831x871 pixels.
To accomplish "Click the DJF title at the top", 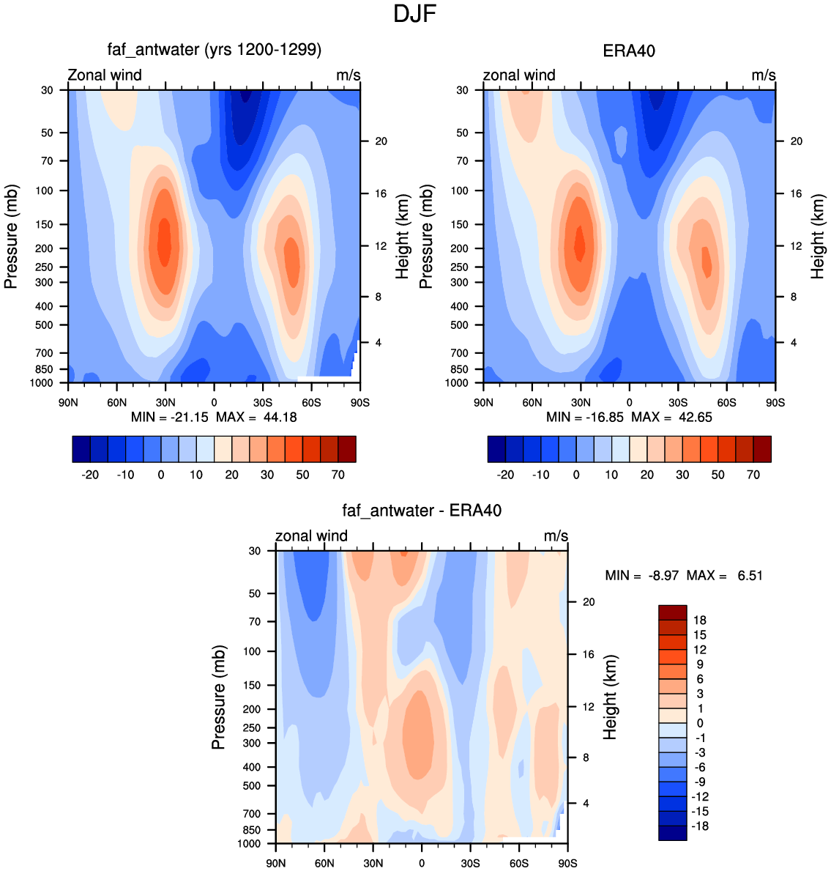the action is click(x=414, y=14).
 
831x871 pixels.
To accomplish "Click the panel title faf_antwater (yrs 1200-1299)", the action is click(x=215, y=50).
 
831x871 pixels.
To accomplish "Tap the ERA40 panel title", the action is click(x=629, y=51).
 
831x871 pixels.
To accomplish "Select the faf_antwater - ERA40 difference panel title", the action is click(x=422, y=511).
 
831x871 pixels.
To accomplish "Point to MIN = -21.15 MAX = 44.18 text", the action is click(x=214, y=417).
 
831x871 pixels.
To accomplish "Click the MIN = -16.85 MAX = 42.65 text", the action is click(x=629, y=417).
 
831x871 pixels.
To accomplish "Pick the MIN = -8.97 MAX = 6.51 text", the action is click(x=684, y=576).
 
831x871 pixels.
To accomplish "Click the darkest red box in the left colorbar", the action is click(x=347, y=449).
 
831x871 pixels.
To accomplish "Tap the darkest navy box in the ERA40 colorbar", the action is click(x=497, y=449).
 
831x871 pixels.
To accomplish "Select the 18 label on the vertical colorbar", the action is click(x=699, y=620).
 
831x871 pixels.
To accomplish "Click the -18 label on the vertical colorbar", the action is click(x=699, y=826).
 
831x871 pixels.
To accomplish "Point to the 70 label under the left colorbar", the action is click(x=338, y=475).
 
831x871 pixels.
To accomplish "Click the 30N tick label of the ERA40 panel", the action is click(x=581, y=403).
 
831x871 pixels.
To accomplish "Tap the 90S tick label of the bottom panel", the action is click(x=567, y=863).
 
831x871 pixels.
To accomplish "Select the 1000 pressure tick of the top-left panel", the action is click(x=42, y=382).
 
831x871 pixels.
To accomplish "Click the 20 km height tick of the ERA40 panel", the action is click(x=796, y=141).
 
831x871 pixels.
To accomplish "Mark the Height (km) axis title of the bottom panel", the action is click(x=610, y=697).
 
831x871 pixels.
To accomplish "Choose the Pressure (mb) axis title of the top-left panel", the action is click(x=11, y=237).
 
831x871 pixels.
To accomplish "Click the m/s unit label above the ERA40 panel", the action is click(x=764, y=75).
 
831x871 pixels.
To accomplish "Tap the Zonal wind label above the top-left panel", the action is click(x=105, y=75).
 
